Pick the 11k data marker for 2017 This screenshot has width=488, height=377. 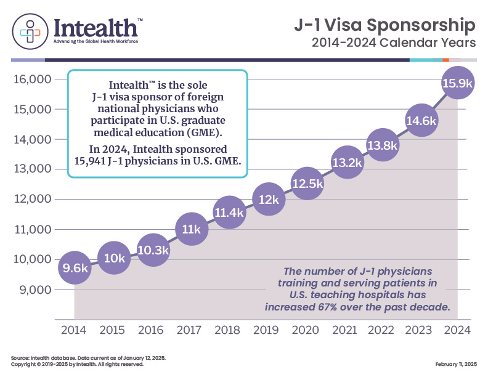tap(191, 229)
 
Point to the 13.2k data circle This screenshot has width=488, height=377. tap(347, 163)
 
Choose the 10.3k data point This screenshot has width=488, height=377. tap(153, 251)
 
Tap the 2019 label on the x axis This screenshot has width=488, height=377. tap(268, 330)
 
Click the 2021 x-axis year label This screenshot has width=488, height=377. tap(346, 330)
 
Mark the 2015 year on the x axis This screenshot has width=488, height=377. tap(113, 330)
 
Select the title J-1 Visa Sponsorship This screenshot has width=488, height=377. tap(384, 26)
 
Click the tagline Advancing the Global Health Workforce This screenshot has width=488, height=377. tap(96, 41)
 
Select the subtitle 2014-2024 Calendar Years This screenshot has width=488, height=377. tap(394, 44)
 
